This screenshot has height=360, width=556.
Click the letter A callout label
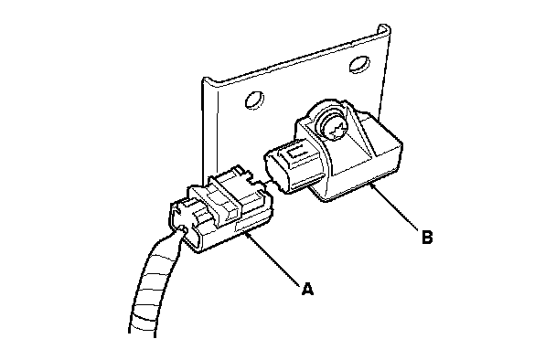[307, 289]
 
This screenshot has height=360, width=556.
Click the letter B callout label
[428, 237]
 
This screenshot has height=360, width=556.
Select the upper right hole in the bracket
[359, 64]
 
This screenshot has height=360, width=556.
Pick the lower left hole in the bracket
[254, 101]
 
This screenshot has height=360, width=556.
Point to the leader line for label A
[273, 258]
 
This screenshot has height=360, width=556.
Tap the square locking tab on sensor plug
[294, 153]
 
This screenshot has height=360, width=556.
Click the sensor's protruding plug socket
[292, 165]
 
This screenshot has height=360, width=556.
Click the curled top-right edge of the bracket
[384, 31]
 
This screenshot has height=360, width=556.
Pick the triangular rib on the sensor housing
[358, 132]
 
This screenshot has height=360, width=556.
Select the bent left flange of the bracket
[210, 128]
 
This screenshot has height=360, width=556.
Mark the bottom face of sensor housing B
[358, 187]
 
